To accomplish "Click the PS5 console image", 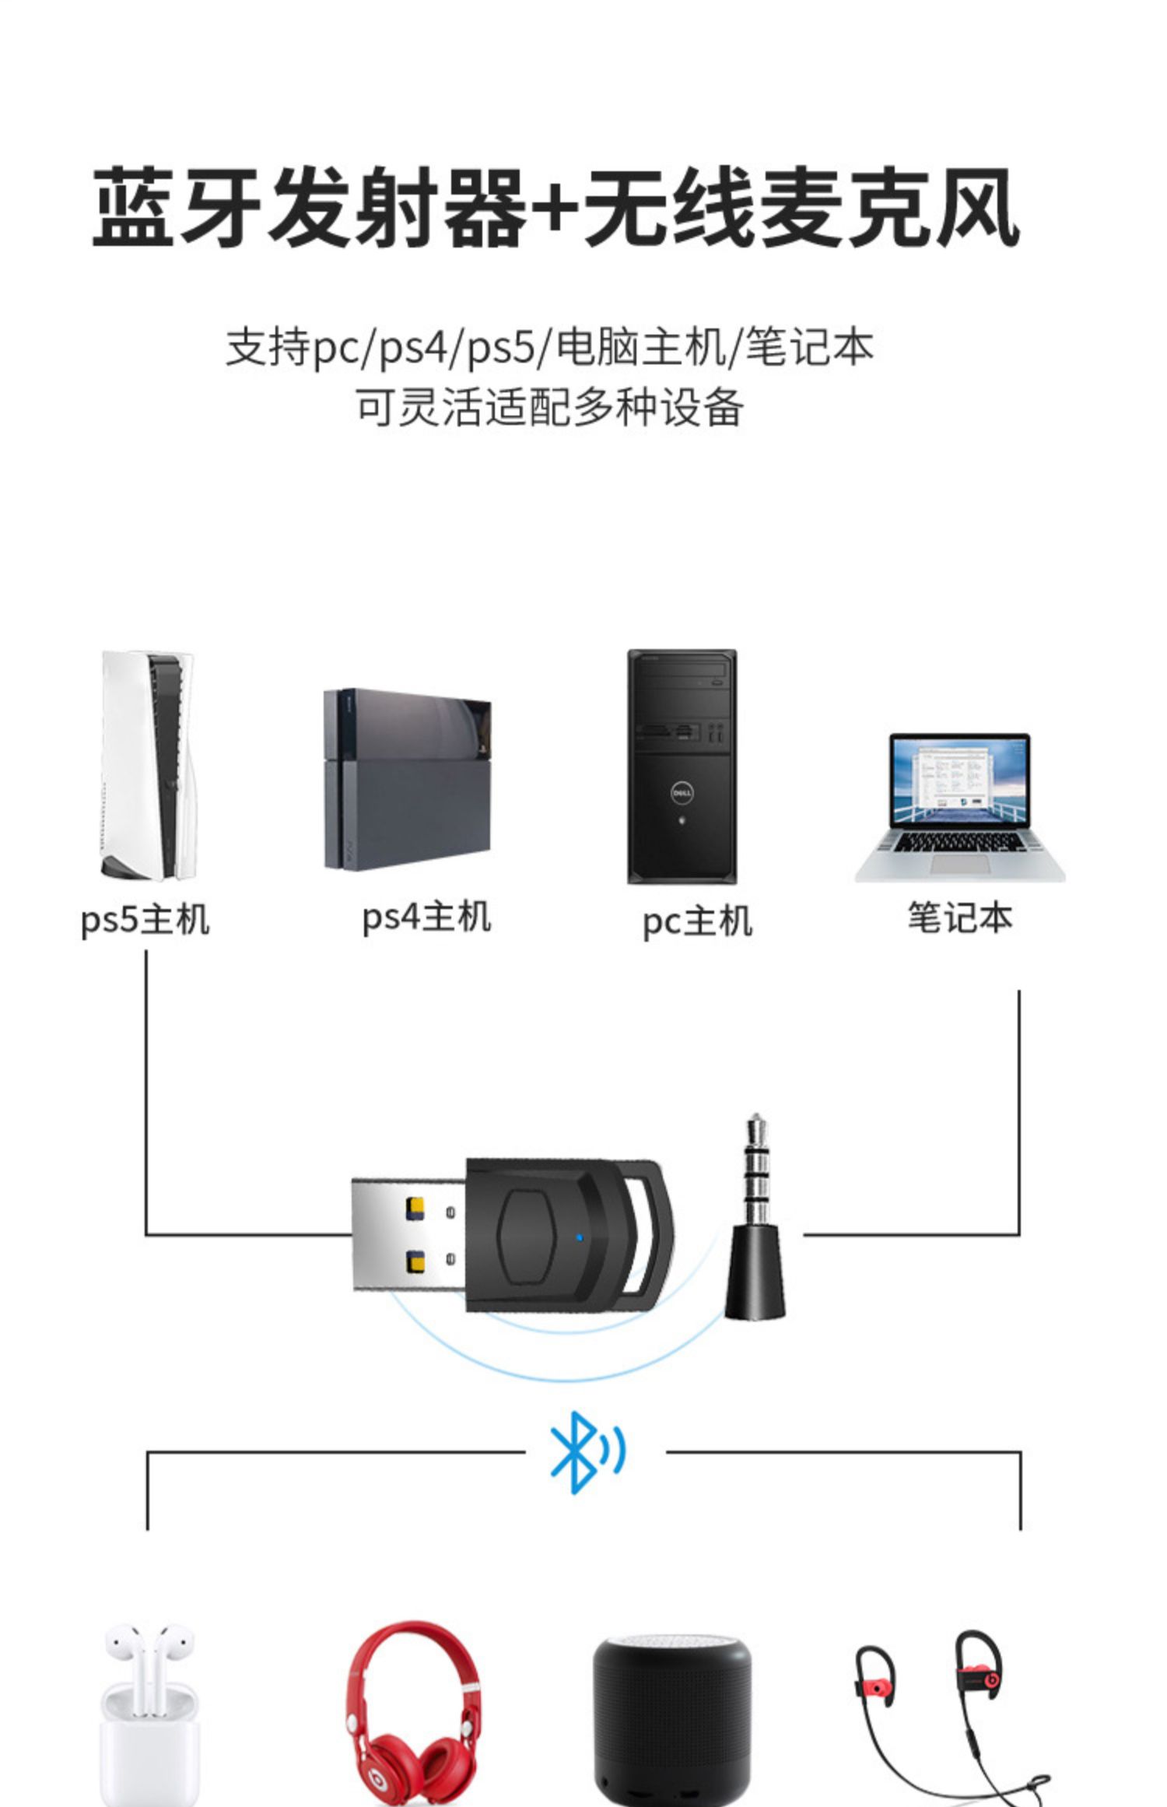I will [x=148, y=767].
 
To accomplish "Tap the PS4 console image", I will [x=408, y=778].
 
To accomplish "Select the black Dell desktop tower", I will [x=682, y=767].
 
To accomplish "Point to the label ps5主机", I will [x=145, y=920].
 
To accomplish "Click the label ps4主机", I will [x=426, y=917].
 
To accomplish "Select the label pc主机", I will [x=697, y=921].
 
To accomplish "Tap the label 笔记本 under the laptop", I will [x=960, y=918].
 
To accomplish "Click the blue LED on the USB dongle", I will [x=580, y=1237].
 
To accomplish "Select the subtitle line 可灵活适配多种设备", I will [x=549, y=407].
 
